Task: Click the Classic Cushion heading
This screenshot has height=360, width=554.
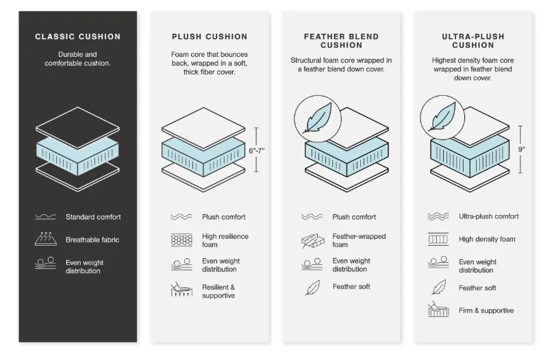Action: coord(78,37)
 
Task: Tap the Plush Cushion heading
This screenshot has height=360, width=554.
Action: coord(210,37)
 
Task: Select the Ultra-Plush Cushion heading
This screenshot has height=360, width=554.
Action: coord(473,41)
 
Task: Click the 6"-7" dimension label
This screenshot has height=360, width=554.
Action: coord(257,151)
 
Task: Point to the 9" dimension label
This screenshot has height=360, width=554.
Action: coord(522,149)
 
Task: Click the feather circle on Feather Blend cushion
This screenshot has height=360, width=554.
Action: coord(318,118)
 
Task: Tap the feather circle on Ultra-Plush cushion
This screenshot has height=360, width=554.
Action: coord(442,117)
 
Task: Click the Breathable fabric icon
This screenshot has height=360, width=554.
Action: coord(46,239)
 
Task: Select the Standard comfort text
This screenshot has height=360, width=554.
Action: coord(93,217)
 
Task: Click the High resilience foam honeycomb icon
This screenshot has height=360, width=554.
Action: coord(181,240)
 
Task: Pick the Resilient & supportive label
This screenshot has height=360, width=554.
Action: coord(218,292)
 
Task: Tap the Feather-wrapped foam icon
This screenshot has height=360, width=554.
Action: coord(313,241)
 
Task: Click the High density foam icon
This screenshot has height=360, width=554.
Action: coord(438,239)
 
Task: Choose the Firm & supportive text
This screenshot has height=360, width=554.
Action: coord(486,311)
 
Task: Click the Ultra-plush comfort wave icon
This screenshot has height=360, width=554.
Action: coord(438,216)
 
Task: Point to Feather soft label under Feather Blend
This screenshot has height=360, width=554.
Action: coord(351,287)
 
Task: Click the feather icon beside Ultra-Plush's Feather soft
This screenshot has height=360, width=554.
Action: coord(439,287)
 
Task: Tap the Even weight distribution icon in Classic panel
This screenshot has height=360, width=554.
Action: coord(46,263)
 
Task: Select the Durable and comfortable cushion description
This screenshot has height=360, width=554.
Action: coord(77,59)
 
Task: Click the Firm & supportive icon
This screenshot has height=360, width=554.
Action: coord(438,309)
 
